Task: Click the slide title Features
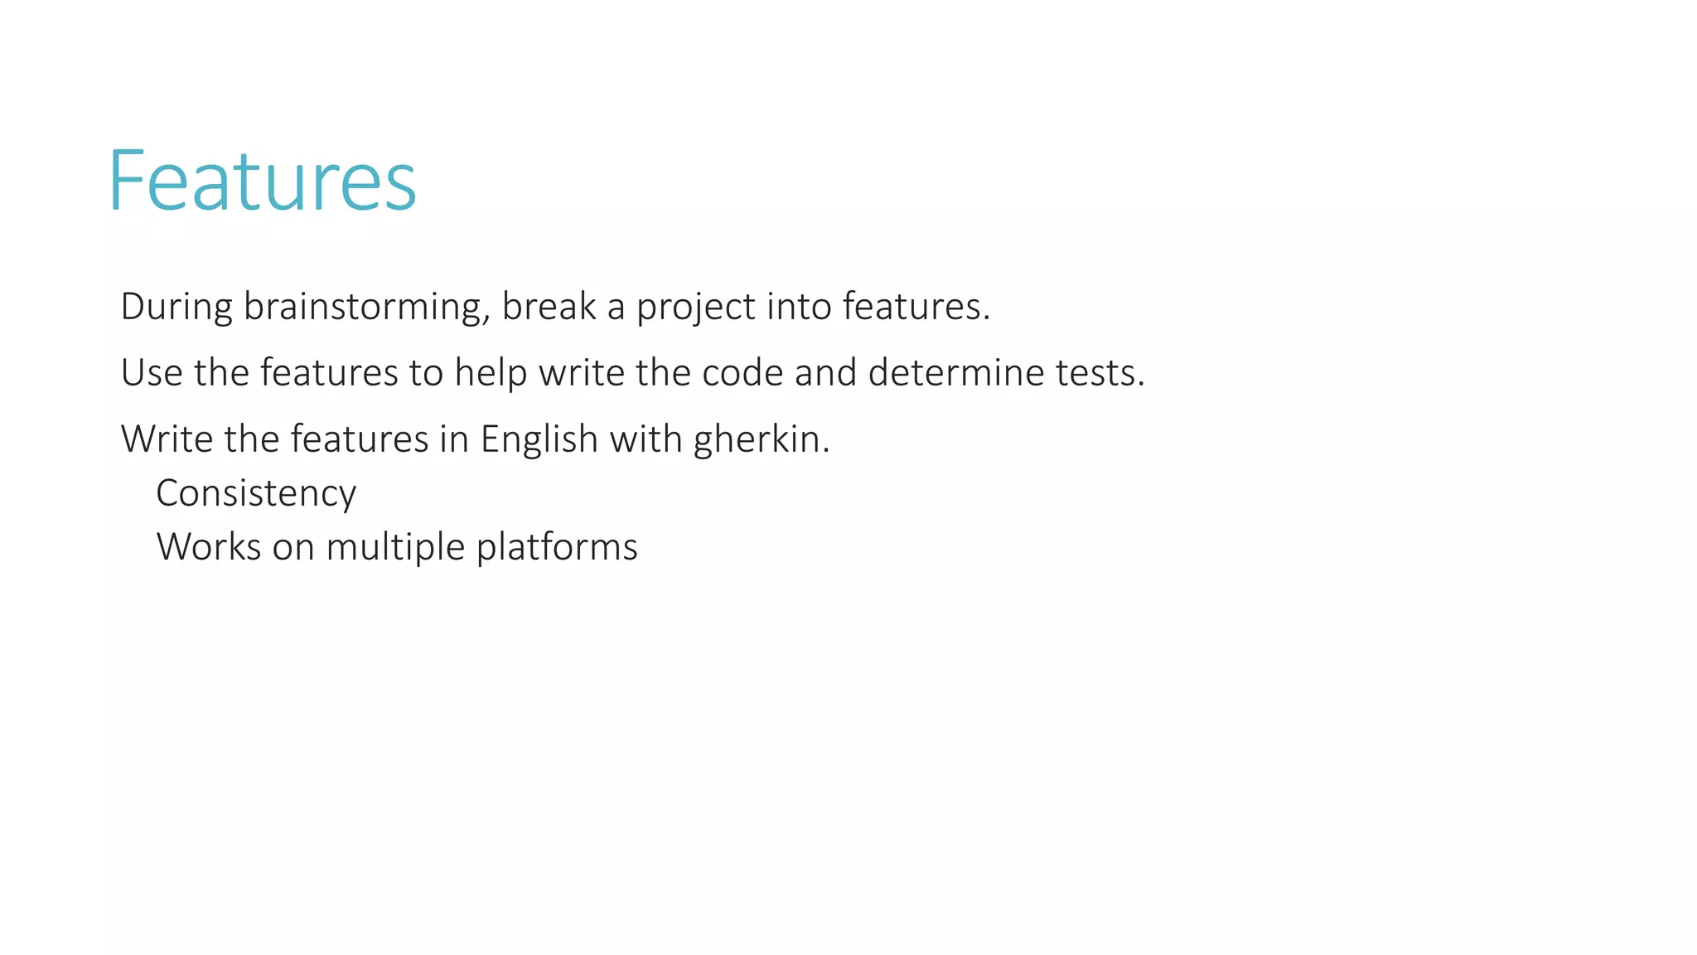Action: (262, 181)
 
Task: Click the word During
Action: (176, 307)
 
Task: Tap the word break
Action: (549, 307)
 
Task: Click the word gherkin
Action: (761, 440)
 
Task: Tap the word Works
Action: (208, 547)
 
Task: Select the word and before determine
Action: (825, 373)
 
